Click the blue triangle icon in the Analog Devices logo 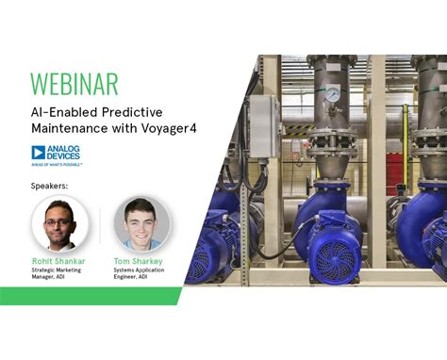39,152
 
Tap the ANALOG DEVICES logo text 67,152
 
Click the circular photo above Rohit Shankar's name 60,223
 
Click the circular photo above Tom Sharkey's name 142,223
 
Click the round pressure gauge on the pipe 333,95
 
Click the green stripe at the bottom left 85,296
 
